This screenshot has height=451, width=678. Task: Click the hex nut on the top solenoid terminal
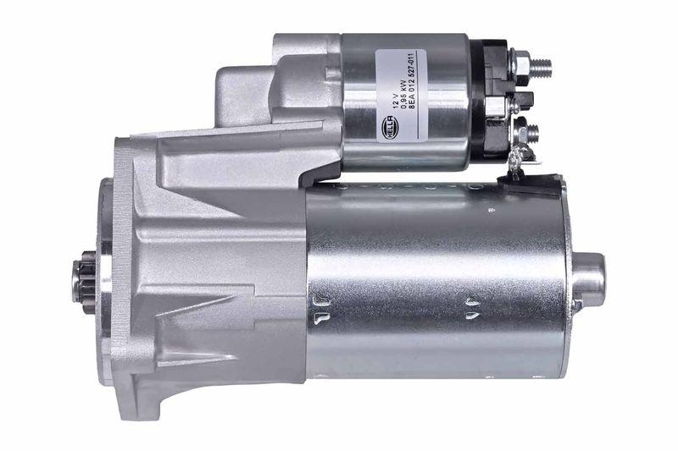520,65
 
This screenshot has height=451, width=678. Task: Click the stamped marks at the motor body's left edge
321,309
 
